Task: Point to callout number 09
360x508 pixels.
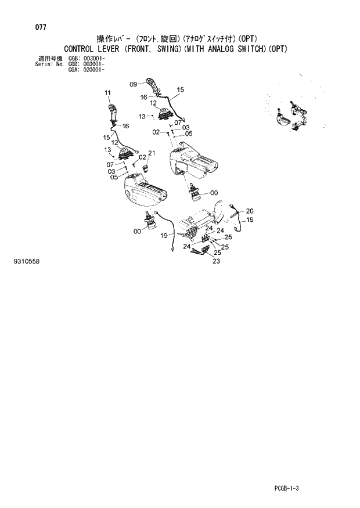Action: (133, 84)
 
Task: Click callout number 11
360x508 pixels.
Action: (107, 93)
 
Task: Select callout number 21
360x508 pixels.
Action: (152, 153)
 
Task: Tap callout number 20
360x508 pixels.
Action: (250, 211)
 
